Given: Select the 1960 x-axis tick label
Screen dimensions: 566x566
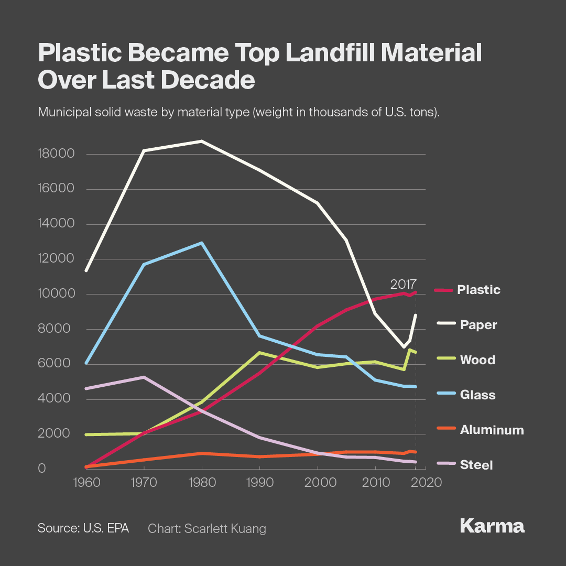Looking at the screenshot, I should pyautogui.click(x=85, y=482).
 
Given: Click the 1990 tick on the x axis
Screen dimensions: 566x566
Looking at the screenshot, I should pyautogui.click(x=260, y=482).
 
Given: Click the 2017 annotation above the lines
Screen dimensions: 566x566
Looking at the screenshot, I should pyautogui.click(x=403, y=285).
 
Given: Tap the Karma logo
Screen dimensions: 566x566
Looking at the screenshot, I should pyautogui.click(x=492, y=526).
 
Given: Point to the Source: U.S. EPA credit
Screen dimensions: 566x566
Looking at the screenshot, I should pyautogui.click(x=83, y=528).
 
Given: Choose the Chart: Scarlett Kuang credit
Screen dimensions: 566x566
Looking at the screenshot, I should pyautogui.click(x=207, y=528).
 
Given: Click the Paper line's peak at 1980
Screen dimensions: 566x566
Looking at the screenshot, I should pyautogui.click(x=202, y=141).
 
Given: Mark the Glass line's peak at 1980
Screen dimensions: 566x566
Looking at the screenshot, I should pyautogui.click(x=202, y=243).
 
